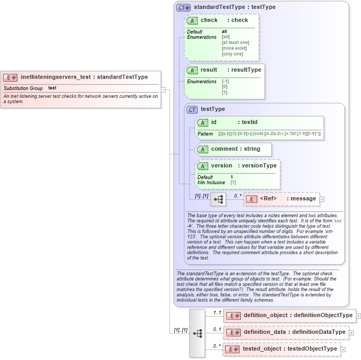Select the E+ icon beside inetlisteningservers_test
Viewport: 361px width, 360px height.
tap(10, 77)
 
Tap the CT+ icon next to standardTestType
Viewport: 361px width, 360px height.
tap(183, 7)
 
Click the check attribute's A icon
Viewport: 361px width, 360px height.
tap(192, 20)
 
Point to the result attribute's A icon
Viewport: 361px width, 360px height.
tap(192, 70)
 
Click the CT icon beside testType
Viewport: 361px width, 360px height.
tap(192, 109)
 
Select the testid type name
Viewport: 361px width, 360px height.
tap(253, 122)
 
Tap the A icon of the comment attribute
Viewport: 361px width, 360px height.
tap(202, 149)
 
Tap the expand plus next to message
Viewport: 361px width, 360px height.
tap(322, 199)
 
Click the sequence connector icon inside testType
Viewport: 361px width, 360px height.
tap(218, 199)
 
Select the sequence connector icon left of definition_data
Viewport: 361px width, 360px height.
tap(197, 332)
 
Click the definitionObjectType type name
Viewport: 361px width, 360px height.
tap(323, 315)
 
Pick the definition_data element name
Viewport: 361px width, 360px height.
tap(265, 332)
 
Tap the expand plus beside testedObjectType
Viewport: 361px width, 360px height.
tap(343, 349)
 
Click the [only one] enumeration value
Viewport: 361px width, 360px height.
tap(232, 54)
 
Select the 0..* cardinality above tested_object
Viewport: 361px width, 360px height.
tap(216, 346)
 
